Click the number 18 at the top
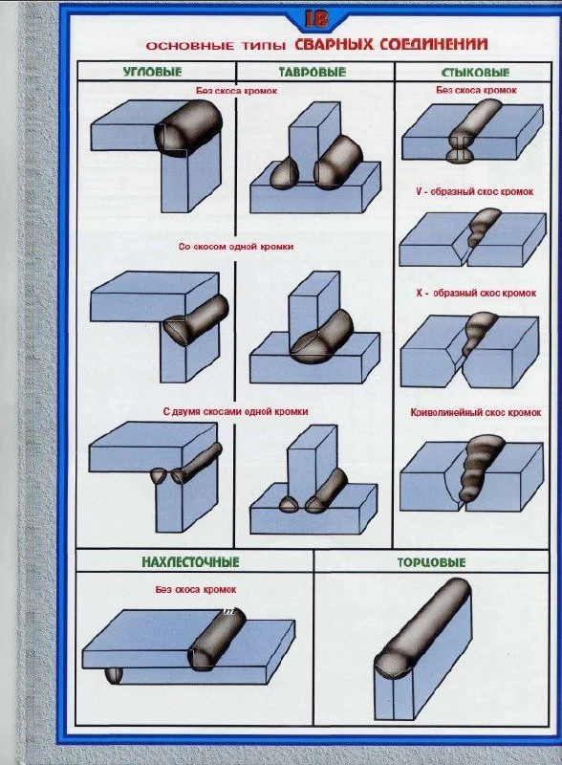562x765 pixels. pyautogui.click(x=316, y=19)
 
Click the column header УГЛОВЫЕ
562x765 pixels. pyautogui.click(x=152, y=72)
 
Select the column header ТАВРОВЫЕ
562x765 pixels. pyautogui.click(x=313, y=73)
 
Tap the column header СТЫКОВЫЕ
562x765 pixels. pyautogui.click(x=475, y=73)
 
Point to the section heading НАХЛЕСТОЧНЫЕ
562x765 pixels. pyautogui.click(x=190, y=562)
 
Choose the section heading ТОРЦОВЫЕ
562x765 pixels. pyautogui.click(x=431, y=562)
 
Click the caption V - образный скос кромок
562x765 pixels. pyautogui.click(x=475, y=192)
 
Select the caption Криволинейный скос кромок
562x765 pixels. pyautogui.click(x=476, y=413)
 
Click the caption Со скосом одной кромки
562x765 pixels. pyautogui.click(x=236, y=247)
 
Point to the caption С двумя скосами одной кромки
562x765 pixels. pyautogui.click(x=236, y=412)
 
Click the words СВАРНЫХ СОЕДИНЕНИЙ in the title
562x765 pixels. pyautogui.click(x=391, y=44)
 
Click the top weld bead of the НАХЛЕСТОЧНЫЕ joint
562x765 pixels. pyautogui.click(x=217, y=640)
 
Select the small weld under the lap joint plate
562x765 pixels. pyautogui.click(x=114, y=676)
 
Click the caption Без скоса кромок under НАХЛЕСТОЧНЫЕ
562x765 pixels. pyautogui.click(x=196, y=590)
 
